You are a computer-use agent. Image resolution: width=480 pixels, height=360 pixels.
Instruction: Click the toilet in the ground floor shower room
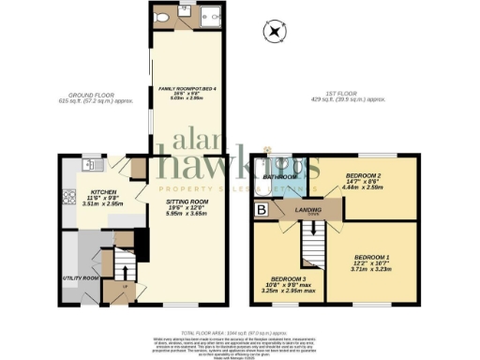point(164,16)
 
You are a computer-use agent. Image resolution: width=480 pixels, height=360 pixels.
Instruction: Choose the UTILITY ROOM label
point(81,278)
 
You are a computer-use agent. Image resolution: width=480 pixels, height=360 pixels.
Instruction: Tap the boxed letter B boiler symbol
point(262,210)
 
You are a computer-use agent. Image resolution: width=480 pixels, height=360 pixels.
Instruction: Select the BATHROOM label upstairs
point(279,176)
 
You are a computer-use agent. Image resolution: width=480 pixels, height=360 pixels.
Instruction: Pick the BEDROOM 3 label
point(290,279)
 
